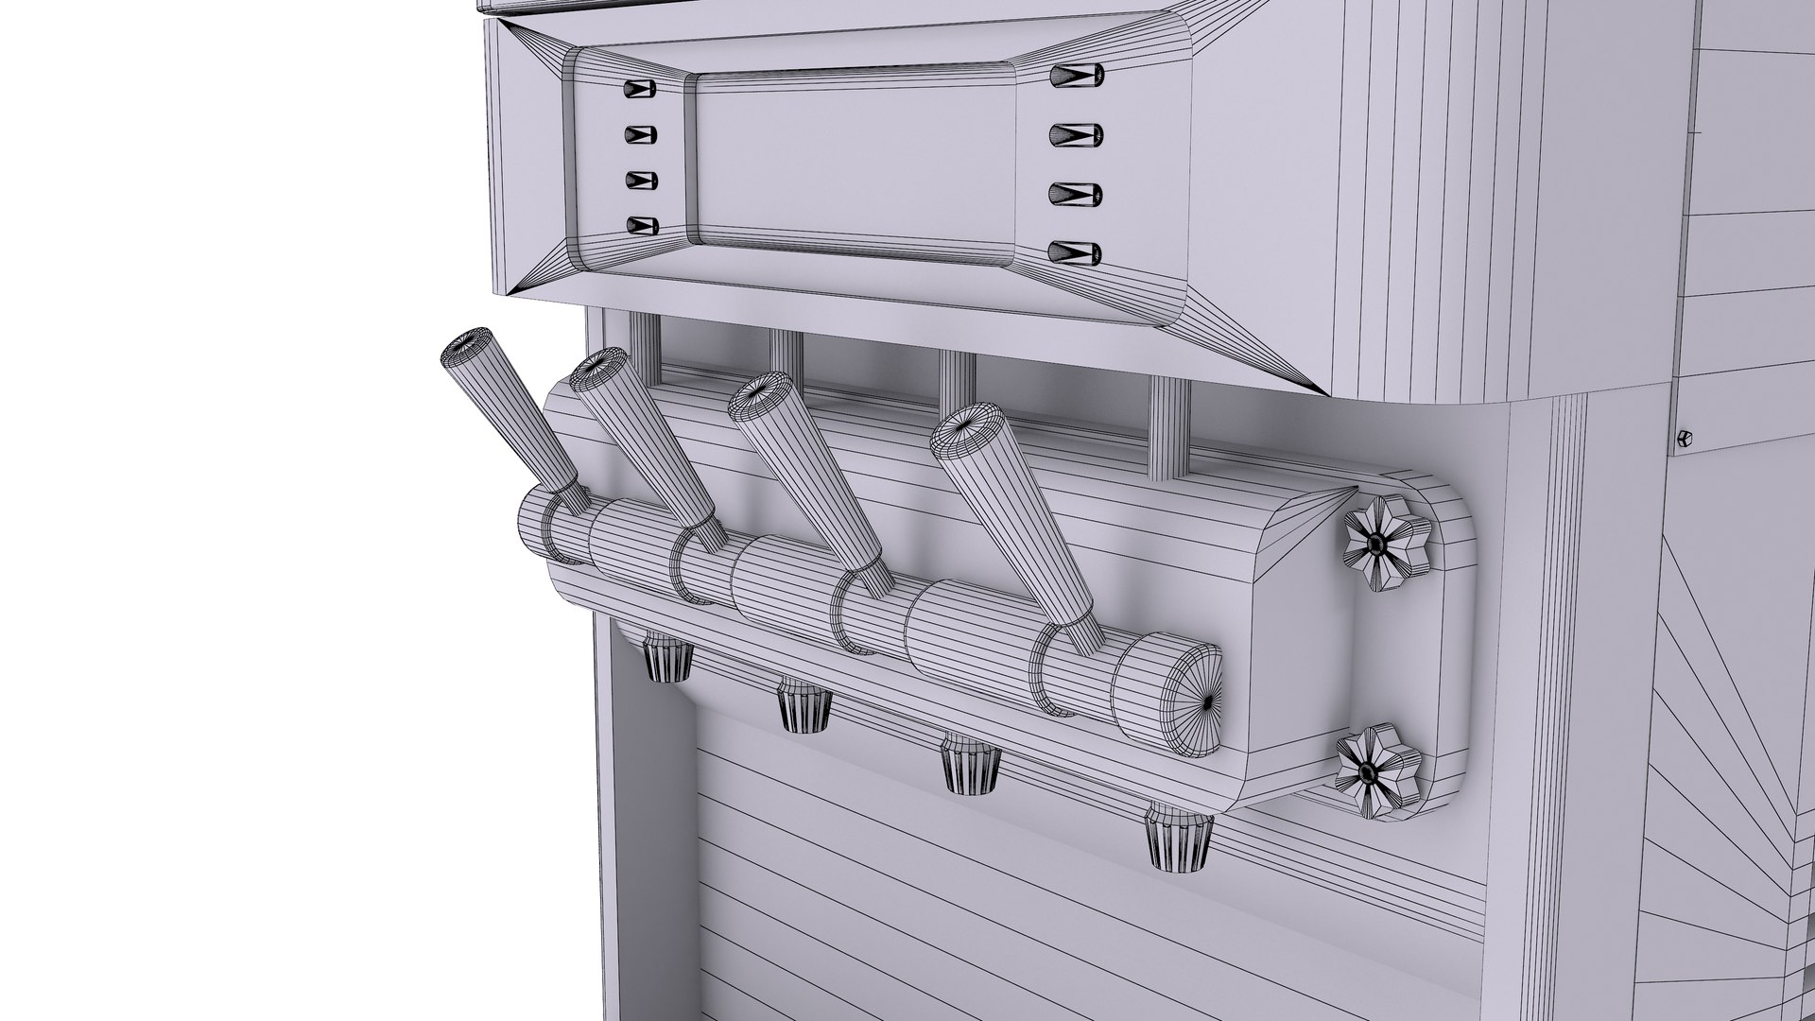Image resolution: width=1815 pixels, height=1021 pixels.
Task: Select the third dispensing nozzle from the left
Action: point(972,766)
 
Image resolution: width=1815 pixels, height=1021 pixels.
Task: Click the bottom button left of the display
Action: point(641,226)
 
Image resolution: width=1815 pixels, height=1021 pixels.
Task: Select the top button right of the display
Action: point(1076,74)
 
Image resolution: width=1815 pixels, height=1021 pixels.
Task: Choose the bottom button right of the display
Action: point(1076,252)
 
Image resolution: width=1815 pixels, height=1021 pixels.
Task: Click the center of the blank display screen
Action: point(856,161)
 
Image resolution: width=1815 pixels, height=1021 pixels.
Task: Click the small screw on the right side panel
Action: point(1684,438)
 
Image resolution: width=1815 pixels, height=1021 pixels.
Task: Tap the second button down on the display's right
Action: point(1076,133)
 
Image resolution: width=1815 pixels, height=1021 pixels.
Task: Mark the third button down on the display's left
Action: point(640,180)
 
